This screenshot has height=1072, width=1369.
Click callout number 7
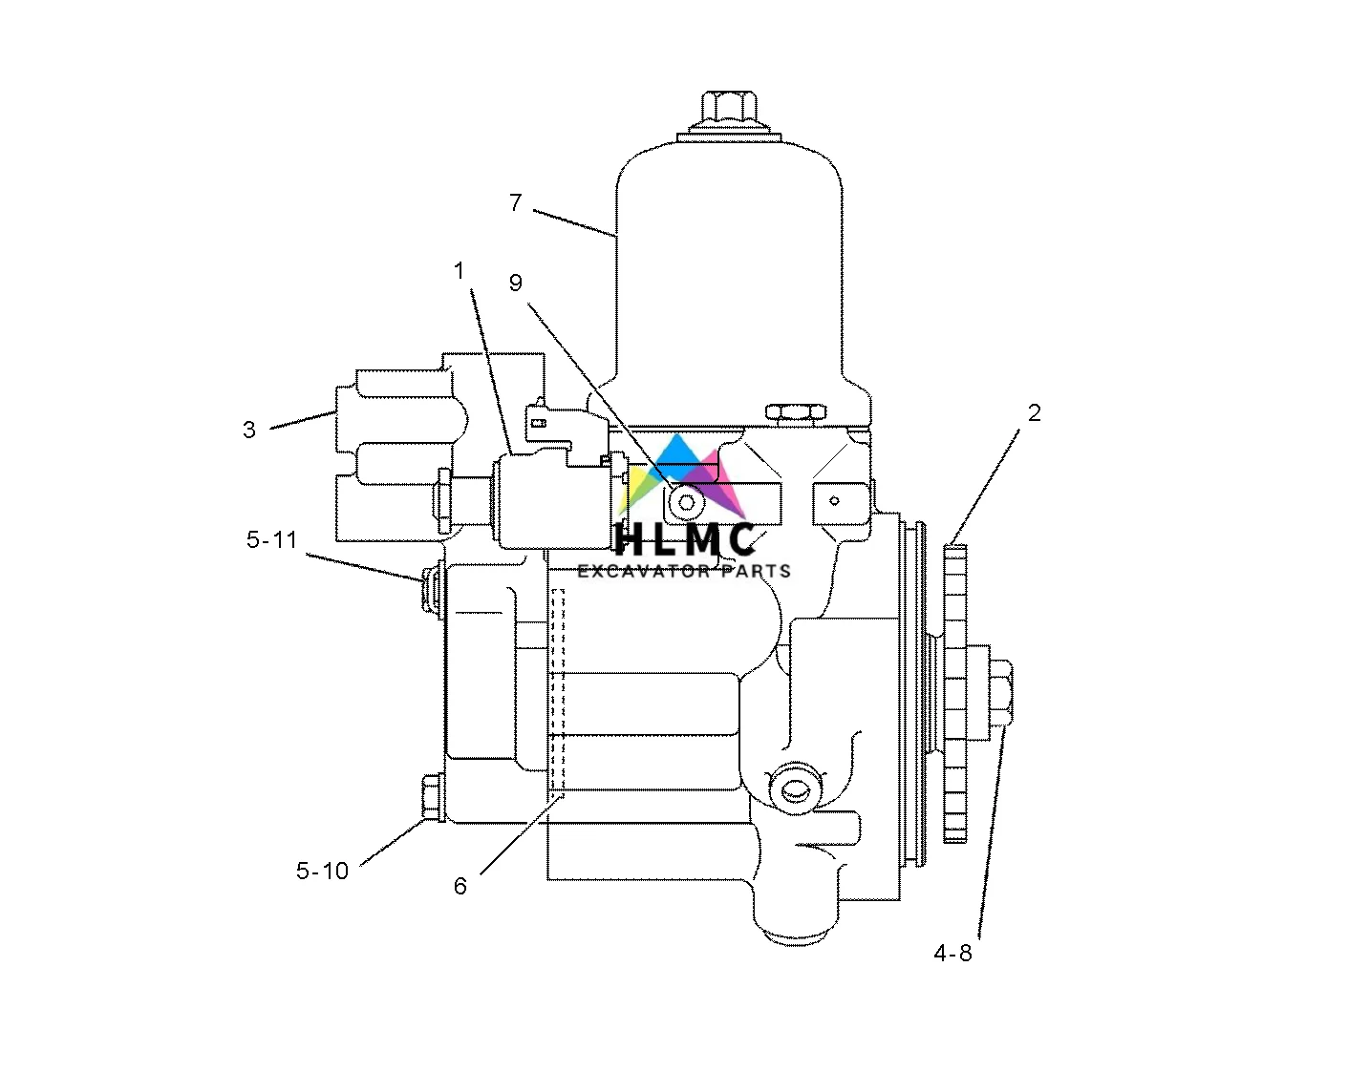[515, 202]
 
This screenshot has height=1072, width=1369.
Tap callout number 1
[459, 271]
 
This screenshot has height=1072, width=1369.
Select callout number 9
[515, 283]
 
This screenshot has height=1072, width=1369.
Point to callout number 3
[248, 430]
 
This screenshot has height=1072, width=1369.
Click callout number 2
[1034, 413]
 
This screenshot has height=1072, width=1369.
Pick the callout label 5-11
[271, 539]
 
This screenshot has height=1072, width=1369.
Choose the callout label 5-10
[322, 871]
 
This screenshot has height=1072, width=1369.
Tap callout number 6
[460, 886]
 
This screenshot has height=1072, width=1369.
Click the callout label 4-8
[952, 953]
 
